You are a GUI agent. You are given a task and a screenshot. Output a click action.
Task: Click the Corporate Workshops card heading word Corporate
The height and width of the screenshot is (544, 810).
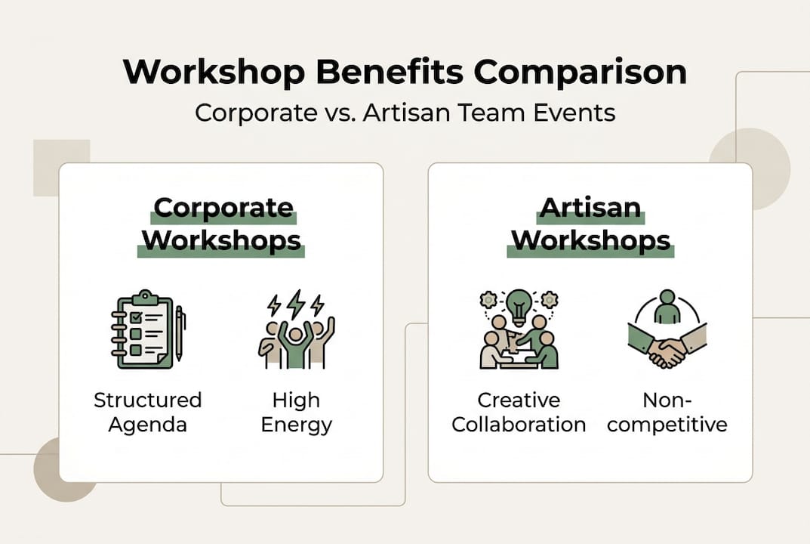tap(223, 208)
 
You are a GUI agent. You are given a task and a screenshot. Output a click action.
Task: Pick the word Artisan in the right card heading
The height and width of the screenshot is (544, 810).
tap(590, 208)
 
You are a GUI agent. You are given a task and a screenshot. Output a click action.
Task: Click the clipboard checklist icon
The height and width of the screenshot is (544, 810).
tap(142, 330)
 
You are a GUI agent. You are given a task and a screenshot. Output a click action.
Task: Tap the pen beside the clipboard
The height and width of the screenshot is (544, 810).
tap(180, 332)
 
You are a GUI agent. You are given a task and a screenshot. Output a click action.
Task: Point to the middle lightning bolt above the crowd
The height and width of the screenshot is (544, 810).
tap(297, 303)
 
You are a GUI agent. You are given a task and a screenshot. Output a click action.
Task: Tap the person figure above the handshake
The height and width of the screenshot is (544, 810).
tap(667, 307)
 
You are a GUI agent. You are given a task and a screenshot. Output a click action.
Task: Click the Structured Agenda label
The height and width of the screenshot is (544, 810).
tap(148, 412)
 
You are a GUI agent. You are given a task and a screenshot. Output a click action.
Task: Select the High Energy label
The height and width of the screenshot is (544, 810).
tap(297, 412)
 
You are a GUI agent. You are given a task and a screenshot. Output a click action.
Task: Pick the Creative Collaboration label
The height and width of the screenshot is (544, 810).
tap(519, 412)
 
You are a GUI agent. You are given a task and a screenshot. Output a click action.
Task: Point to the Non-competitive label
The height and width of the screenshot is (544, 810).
tap(667, 412)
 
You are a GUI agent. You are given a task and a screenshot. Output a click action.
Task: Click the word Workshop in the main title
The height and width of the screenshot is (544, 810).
tap(210, 73)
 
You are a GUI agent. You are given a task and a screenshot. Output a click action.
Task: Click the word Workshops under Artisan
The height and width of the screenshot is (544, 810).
tap(590, 240)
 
